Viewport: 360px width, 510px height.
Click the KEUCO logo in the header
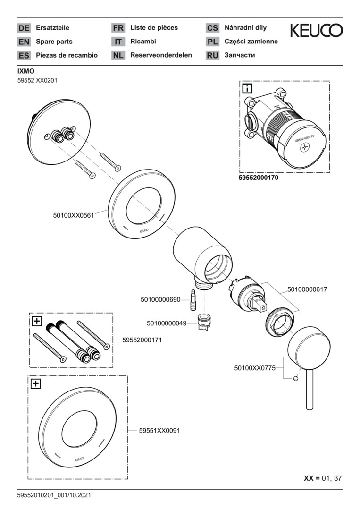[316, 31]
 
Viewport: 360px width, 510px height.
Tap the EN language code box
[24, 42]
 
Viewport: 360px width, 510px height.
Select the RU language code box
[212, 55]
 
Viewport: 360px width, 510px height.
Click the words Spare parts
[54, 42]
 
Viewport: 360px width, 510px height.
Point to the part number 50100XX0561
[74, 215]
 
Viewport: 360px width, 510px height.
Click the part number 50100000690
[160, 299]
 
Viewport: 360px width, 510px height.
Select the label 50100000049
[167, 323]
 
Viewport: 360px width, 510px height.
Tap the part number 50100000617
[307, 289]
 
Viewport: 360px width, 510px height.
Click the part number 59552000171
[142, 340]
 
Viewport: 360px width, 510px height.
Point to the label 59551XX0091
[159, 431]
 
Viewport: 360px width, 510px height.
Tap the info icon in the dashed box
[247, 88]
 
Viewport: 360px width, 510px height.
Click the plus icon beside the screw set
[36, 322]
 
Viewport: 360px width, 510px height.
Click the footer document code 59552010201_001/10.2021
[54, 495]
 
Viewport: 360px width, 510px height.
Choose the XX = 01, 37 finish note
[323, 478]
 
